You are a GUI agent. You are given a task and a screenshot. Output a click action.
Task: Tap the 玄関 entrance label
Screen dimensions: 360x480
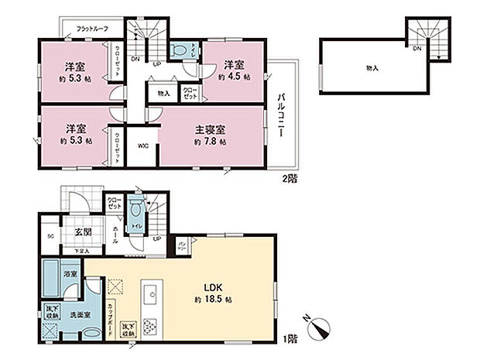pyautogui.click(x=84, y=231)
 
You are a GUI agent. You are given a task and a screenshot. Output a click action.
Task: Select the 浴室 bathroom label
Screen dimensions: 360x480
pyautogui.click(x=69, y=273)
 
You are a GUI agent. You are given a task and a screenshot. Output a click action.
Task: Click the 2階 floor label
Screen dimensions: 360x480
pyautogui.click(x=289, y=177)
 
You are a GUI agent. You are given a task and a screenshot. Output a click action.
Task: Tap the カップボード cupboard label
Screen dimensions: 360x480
pyautogui.click(x=113, y=313)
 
